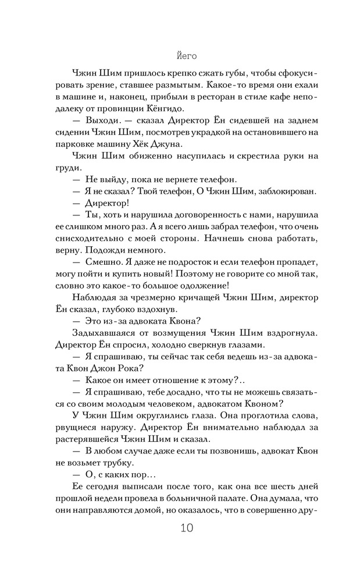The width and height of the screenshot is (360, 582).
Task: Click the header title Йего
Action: click(x=180, y=57)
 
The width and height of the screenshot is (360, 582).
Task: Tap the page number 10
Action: click(x=180, y=528)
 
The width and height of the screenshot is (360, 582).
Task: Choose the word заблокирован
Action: click(x=278, y=191)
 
